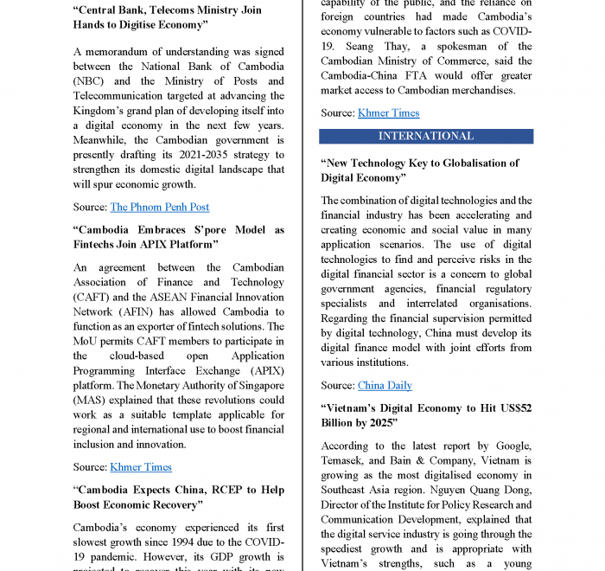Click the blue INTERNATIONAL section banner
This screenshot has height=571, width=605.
tap(426, 136)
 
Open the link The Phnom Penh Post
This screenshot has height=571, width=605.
tap(159, 207)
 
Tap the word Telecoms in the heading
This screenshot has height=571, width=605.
tap(169, 10)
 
